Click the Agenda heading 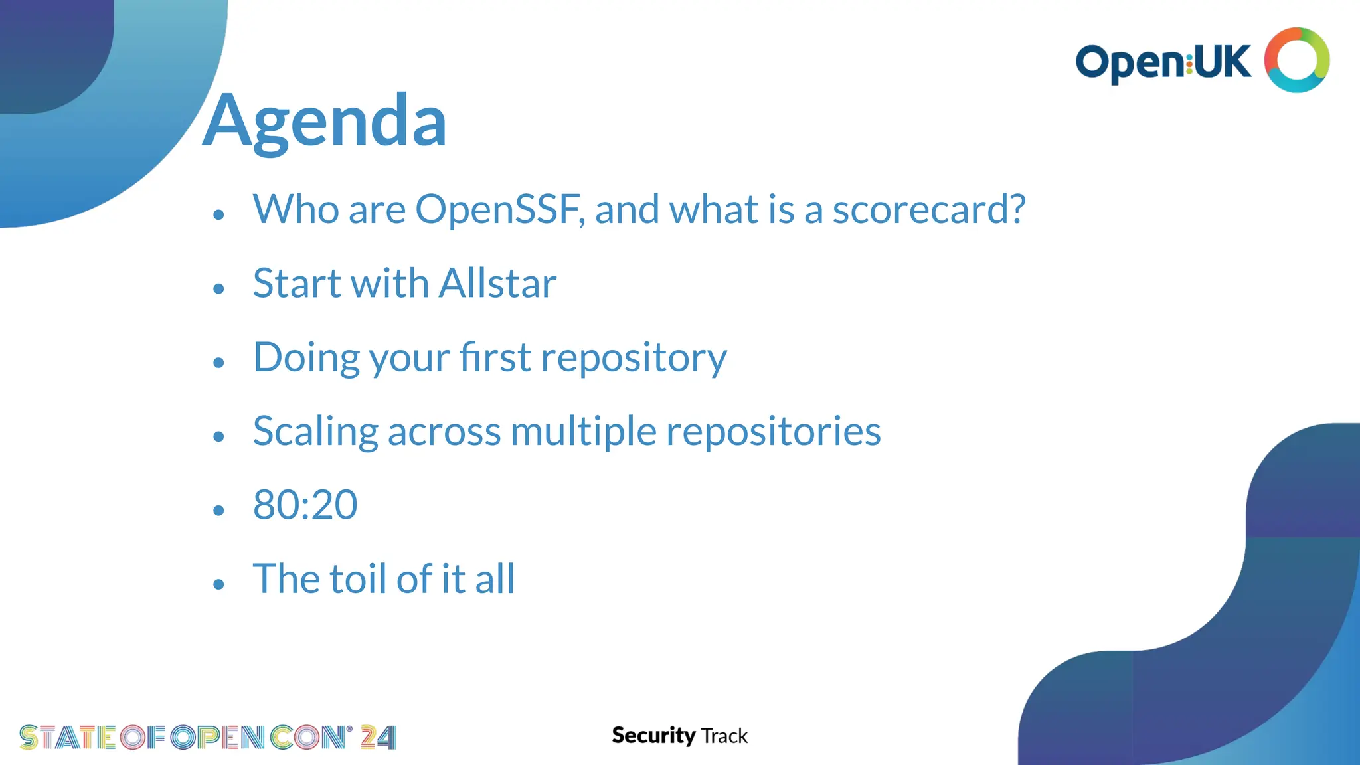click(325, 122)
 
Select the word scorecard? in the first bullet click(929, 210)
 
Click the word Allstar click(497, 284)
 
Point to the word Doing click(307, 358)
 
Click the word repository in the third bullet click(634, 359)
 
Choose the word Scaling click(315, 432)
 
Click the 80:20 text click(305, 505)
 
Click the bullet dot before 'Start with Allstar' click(219, 289)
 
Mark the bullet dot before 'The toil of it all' click(219, 584)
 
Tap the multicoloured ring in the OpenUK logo click(1296, 60)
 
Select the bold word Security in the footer click(653, 736)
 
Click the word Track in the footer click(724, 736)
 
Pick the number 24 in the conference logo click(378, 738)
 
